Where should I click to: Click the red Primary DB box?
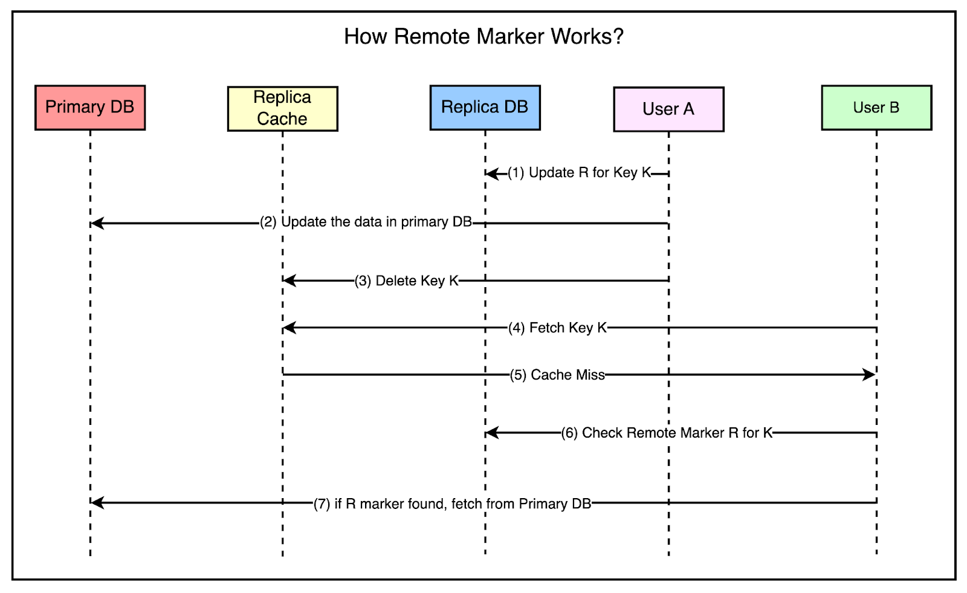click(x=90, y=108)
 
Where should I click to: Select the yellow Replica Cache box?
click(x=282, y=109)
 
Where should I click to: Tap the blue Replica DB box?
click(x=485, y=108)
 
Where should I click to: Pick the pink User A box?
click(x=668, y=109)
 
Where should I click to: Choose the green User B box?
click(x=876, y=108)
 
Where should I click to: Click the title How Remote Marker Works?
click(x=483, y=37)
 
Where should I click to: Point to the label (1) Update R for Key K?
click(x=579, y=173)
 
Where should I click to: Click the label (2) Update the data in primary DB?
click(x=366, y=222)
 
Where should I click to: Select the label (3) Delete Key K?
click(x=407, y=281)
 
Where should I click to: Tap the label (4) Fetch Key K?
click(x=557, y=328)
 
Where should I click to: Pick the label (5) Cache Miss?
click(x=557, y=375)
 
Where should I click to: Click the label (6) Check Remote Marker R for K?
click(x=667, y=433)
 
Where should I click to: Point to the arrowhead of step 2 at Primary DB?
click(x=97, y=224)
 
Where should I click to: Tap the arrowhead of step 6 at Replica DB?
click(x=492, y=433)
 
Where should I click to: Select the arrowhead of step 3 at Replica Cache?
click(x=289, y=280)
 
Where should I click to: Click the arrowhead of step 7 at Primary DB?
click(x=97, y=502)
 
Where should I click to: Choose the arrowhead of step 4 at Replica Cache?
click(x=289, y=328)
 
